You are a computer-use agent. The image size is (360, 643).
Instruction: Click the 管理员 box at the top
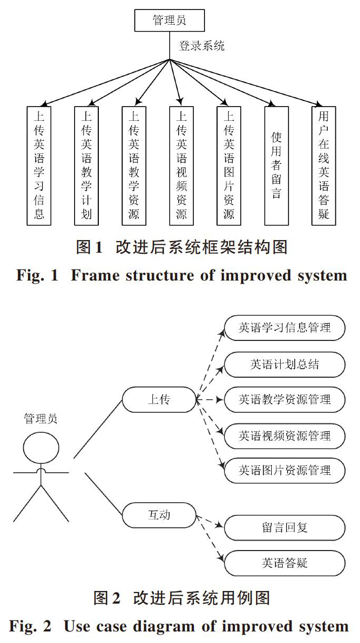pos(169,20)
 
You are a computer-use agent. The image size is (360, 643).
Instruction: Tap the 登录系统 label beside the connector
pos(201,46)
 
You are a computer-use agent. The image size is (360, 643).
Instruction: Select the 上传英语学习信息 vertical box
pos(39,166)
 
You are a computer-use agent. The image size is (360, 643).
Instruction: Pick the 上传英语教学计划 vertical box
pos(86,166)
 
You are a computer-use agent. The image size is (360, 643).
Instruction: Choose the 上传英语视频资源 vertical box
pos(181,166)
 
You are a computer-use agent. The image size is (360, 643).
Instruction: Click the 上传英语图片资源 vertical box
pos(229,166)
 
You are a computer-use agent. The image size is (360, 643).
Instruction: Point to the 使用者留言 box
pos(276,166)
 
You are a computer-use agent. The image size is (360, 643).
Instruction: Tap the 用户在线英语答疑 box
pos(324,166)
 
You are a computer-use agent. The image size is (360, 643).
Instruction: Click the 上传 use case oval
pos(159,399)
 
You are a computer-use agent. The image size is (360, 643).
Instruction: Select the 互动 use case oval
pos(159,515)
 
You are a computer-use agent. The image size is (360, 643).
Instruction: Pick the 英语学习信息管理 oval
pos(284,328)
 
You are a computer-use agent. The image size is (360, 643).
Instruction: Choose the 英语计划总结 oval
pos(284,365)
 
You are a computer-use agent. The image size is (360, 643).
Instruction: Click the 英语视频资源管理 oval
pos(284,435)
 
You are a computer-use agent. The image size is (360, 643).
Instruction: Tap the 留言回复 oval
pos(284,527)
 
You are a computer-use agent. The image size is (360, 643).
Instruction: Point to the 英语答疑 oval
pos(284,563)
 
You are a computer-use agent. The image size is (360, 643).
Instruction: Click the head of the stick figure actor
pos(41,448)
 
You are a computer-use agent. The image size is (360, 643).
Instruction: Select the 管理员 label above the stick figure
pos(40,419)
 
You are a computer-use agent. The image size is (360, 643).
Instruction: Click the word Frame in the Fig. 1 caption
pos(95,275)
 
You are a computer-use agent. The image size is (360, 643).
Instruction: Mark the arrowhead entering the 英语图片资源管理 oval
pos(221,465)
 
